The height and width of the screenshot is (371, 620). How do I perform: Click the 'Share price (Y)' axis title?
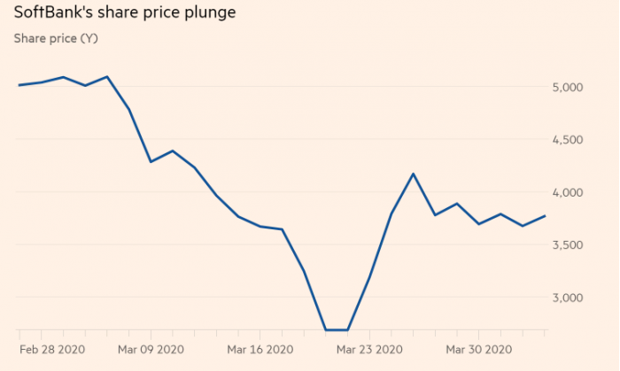[x=56, y=39]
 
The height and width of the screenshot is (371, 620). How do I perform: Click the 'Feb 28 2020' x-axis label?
[x=53, y=349]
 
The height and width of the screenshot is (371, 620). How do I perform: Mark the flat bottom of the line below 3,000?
[x=336, y=330]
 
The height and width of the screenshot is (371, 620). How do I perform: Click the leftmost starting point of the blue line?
[x=19, y=85]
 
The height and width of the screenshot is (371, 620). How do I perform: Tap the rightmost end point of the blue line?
[x=546, y=216]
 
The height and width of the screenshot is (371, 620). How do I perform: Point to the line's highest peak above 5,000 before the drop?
[x=107, y=76]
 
